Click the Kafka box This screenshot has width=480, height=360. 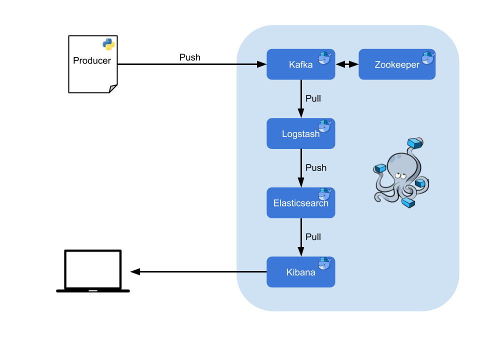(x=300, y=64)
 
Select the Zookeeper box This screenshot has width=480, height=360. (x=397, y=64)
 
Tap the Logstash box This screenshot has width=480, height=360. (x=300, y=133)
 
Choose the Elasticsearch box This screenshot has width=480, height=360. (x=300, y=203)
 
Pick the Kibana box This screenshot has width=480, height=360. (x=300, y=272)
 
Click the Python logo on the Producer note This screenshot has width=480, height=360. (x=108, y=44)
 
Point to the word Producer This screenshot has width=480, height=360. (x=92, y=61)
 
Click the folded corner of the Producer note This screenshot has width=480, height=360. (x=112, y=88)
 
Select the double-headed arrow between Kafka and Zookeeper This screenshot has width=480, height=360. (x=347, y=64)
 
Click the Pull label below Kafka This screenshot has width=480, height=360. (x=313, y=98)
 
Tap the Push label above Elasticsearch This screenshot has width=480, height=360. (x=315, y=168)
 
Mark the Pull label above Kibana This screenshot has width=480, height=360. (x=313, y=237)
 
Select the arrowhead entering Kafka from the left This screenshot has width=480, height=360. (x=261, y=64)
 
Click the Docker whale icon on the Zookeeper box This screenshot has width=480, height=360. (x=428, y=57)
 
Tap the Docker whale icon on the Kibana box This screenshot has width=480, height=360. (x=324, y=264)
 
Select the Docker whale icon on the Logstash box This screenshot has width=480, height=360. (x=324, y=126)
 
